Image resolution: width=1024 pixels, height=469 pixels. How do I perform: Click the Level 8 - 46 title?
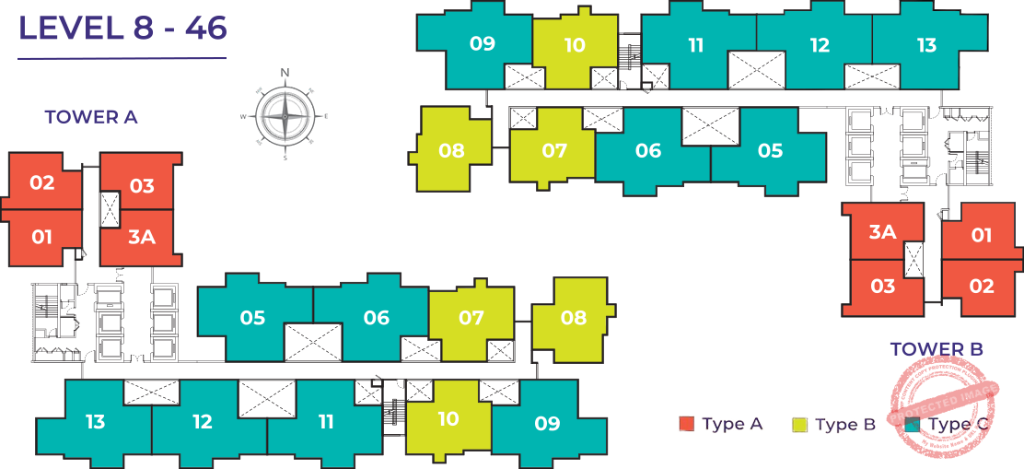(122, 29)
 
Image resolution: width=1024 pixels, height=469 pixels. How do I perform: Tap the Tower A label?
(91, 117)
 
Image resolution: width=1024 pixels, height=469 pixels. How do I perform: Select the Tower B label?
(936, 348)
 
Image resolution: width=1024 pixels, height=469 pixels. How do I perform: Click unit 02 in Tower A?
(42, 182)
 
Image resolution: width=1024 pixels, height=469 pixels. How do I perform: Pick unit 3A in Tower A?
(141, 237)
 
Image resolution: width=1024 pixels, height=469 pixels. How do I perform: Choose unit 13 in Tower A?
(95, 422)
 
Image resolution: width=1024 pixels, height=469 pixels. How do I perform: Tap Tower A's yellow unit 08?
(573, 318)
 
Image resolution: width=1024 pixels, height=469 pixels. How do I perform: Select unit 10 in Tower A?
(448, 419)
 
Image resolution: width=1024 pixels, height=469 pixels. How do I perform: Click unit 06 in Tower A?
(376, 318)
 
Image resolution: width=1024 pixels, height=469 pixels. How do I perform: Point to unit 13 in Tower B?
(926, 45)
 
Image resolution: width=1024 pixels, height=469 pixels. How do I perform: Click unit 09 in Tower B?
(482, 43)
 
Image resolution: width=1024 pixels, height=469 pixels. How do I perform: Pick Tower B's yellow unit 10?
(575, 45)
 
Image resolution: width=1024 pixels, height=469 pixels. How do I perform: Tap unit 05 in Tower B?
(770, 150)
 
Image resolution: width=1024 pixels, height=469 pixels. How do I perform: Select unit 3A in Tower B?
(882, 231)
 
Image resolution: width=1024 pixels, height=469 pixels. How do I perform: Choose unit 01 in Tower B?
(982, 235)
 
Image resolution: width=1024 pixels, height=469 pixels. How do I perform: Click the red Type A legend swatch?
(686, 425)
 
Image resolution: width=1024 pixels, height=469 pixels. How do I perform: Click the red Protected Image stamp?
(944, 405)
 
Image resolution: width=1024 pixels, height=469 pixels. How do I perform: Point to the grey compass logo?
(284, 114)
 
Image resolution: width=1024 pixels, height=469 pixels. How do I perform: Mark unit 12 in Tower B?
(820, 45)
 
